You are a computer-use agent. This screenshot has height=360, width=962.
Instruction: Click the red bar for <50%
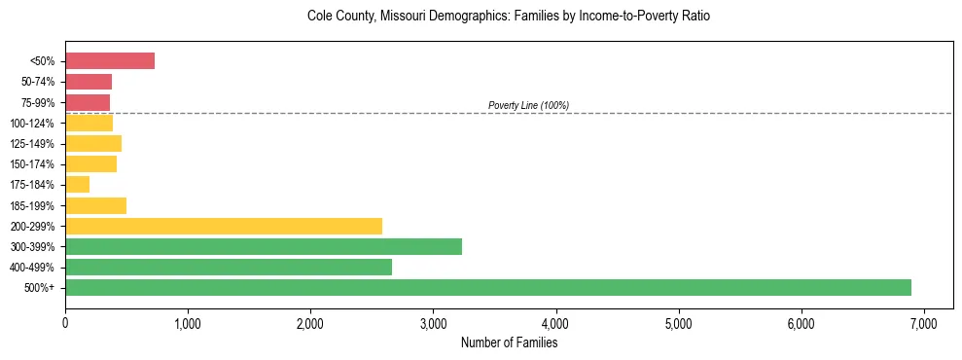(x=110, y=61)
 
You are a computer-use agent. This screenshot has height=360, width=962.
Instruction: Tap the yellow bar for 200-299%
(x=224, y=226)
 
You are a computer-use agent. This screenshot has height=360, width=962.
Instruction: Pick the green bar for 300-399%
(x=264, y=246)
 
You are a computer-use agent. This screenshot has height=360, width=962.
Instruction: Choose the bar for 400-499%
(x=229, y=267)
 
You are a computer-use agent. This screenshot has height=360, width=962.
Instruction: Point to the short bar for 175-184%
(x=78, y=185)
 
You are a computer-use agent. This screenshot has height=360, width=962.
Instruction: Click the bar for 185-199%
(x=96, y=205)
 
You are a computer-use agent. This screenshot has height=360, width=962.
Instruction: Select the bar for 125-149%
(x=93, y=144)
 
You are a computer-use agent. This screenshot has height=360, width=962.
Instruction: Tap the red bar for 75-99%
(x=88, y=102)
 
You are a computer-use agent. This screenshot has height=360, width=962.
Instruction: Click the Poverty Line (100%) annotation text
(x=528, y=105)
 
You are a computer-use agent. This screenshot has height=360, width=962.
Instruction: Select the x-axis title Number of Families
(x=509, y=342)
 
